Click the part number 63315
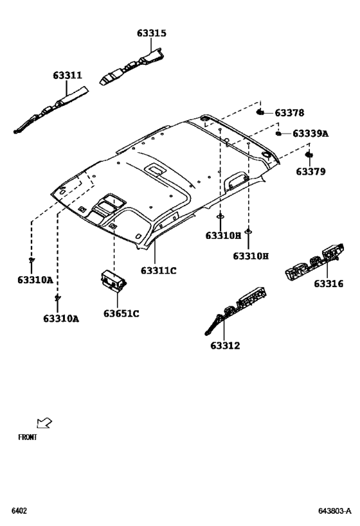152,33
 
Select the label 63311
67,75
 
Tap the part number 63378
289,113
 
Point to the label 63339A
310,134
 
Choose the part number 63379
310,171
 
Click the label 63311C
159,270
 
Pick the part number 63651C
122,313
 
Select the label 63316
328,284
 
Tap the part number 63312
226,346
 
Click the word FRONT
28,437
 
